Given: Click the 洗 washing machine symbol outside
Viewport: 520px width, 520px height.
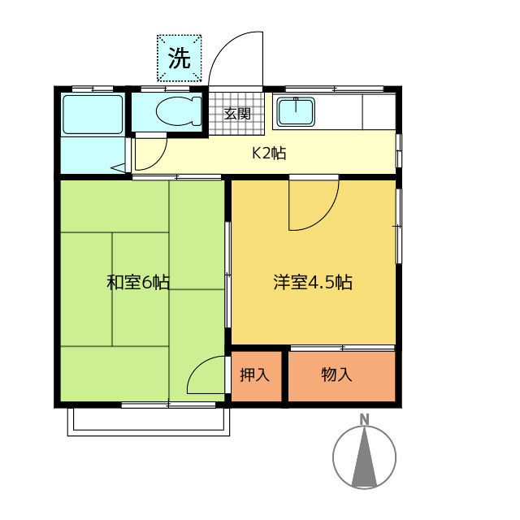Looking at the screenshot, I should pyautogui.click(x=179, y=58).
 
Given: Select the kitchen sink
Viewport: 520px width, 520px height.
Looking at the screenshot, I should pyautogui.click(x=296, y=111).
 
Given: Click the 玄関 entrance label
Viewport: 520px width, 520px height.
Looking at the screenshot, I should pyautogui.click(x=237, y=114).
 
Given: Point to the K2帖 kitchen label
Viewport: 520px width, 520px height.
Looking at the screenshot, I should pyautogui.click(x=268, y=153).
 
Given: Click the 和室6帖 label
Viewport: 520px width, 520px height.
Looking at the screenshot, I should pyautogui.click(x=138, y=283).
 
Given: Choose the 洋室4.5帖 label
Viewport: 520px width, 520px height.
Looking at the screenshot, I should pyautogui.click(x=312, y=283).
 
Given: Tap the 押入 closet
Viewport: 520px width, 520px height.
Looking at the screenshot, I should pyautogui.click(x=254, y=375).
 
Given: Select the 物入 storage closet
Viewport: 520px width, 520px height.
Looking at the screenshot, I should pyautogui.click(x=336, y=375).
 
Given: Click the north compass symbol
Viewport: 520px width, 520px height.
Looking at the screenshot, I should pyautogui.click(x=365, y=457).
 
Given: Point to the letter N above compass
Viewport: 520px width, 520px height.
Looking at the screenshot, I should pyautogui.click(x=365, y=419).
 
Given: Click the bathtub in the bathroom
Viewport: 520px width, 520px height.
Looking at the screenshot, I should pyautogui.click(x=92, y=115).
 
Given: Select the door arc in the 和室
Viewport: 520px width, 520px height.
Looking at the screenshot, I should pyautogui.click(x=204, y=375).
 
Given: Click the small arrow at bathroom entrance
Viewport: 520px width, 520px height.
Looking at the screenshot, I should pyautogui.click(x=119, y=169).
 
